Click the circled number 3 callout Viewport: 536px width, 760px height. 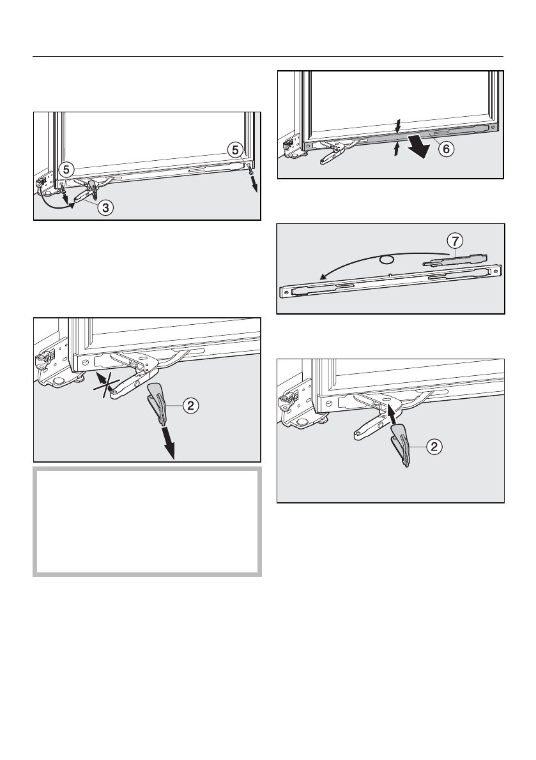click(x=105, y=208)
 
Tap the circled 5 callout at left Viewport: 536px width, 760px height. click(x=66, y=170)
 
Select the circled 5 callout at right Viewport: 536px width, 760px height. click(x=236, y=150)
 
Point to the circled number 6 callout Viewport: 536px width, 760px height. click(x=447, y=148)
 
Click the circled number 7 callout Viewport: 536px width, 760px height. click(x=454, y=241)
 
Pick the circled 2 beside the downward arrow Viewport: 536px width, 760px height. click(x=190, y=405)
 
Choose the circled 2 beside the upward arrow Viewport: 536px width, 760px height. click(x=434, y=447)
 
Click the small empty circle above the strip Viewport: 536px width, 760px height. click(x=387, y=260)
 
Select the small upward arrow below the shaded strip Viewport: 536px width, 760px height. click(x=397, y=149)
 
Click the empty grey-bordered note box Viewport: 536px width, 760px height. click(x=147, y=521)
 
